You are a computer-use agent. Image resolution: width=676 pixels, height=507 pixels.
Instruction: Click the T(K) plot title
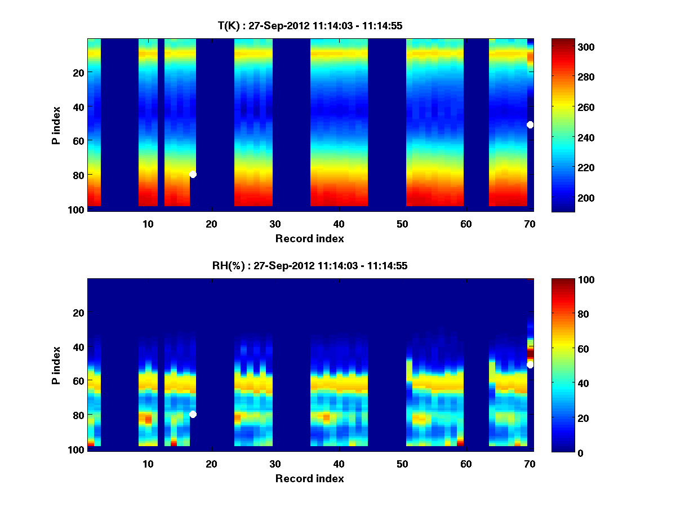click(x=310, y=25)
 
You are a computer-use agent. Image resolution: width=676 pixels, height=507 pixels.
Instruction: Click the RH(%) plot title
click(x=310, y=266)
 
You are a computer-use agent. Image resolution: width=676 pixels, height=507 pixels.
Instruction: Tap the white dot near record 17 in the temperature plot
click(x=193, y=175)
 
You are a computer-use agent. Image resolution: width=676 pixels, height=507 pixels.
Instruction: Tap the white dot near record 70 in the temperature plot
click(x=530, y=124)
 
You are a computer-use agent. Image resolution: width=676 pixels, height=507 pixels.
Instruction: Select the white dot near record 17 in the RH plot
click(x=193, y=415)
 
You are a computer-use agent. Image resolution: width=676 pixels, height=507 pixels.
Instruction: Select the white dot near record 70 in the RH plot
click(x=530, y=365)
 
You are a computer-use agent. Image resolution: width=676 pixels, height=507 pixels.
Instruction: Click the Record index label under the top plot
click(x=310, y=239)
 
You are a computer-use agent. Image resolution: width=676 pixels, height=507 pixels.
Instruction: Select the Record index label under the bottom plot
click(x=310, y=479)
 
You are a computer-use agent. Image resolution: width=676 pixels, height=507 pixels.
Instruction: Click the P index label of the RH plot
click(x=56, y=364)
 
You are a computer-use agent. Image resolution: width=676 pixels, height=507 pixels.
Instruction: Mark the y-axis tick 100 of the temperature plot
click(x=77, y=210)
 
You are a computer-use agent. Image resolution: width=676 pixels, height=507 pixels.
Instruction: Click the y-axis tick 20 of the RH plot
click(x=79, y=313)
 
